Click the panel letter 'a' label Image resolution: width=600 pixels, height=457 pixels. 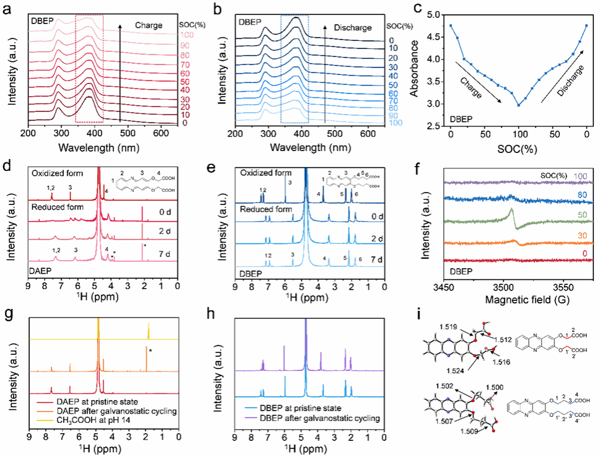(7, 8)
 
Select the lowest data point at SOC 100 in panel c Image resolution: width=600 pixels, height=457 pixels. (519, 105)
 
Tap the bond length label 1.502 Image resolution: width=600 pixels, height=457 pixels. (438, 388)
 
